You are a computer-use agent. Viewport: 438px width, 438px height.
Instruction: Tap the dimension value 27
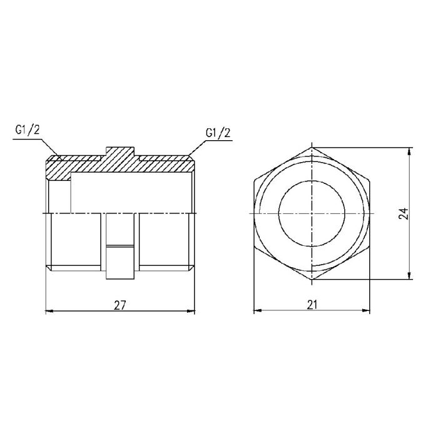pos(120,305)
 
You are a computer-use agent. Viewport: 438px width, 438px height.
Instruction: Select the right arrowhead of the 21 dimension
pos(369,311)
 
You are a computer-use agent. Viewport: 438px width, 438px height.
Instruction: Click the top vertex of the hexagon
pos(312,148)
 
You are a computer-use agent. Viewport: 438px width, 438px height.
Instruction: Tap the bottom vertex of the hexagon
pos(312,280)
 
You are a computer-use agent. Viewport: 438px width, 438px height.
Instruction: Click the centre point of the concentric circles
pos(312,213)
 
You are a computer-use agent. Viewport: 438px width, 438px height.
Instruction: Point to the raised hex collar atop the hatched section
pos(120,151)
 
